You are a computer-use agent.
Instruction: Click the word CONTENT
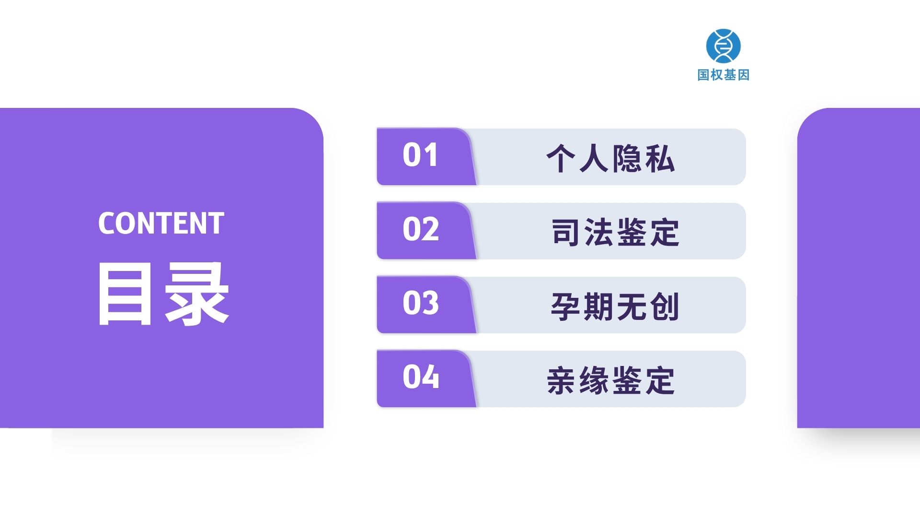coord(161,223)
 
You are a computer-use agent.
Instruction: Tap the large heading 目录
coord(163,294)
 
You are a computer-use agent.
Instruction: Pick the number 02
coord(421,229)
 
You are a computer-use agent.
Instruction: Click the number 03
coord(421,303)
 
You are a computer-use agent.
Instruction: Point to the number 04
coord(421,377)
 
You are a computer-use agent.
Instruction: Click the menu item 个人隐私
coord(610,158)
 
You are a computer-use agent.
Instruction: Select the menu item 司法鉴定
coord(615,233)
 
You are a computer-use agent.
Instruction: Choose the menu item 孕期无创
coord(615,306)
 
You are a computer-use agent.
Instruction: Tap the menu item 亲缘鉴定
coord(610,381)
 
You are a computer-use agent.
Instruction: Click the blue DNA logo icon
coord(723,46)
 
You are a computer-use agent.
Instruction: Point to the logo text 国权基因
coord(723,75)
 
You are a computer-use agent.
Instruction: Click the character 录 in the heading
coord(196,294)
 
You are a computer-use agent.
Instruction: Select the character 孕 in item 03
coord(566,307)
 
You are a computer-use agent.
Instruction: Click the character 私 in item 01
coord(660,158)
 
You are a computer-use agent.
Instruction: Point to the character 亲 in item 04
coord(562,381)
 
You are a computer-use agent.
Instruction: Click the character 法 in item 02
coord(599,233)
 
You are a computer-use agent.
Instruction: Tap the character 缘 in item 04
coord(594,381)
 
